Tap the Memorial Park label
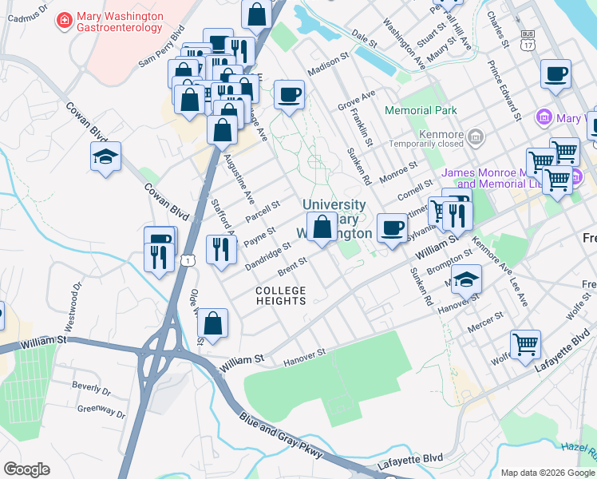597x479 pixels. click(x=421, y=110)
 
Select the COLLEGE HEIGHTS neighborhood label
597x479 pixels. click(x=281, y=295)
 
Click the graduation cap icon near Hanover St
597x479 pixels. click(x=467, y=279)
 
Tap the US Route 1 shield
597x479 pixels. click(x=187, y=260)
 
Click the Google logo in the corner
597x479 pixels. click(x=26, y=469)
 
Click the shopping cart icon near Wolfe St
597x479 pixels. click(x=525, y=345)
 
